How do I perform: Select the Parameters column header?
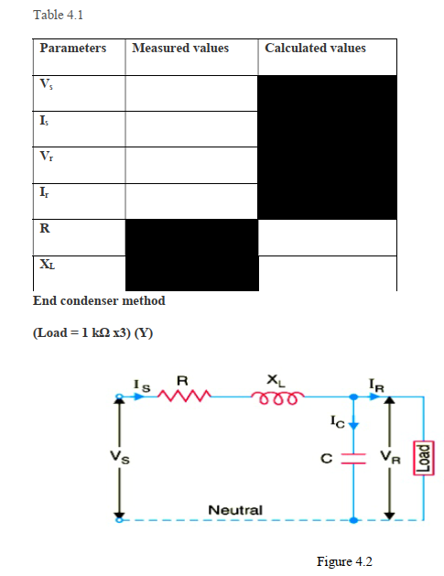[73, 48]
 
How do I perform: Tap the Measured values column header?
[180, 48]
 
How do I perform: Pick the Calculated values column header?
[315, 48]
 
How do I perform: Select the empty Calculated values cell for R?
[328, 236]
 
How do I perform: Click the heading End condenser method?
[99, 300]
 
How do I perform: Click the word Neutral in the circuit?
[235, 509]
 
